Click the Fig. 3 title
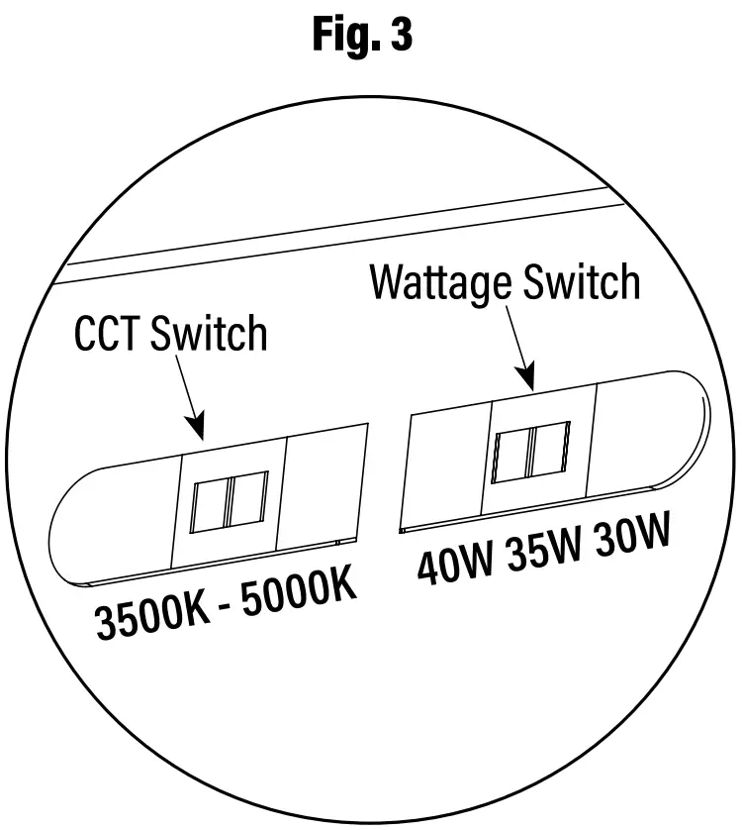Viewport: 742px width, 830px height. tap(362, 37)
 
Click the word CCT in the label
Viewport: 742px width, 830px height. tap(110, 334)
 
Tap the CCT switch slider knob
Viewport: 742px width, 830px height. tap(230, 502)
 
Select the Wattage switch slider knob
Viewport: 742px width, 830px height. tap(532, 451)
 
